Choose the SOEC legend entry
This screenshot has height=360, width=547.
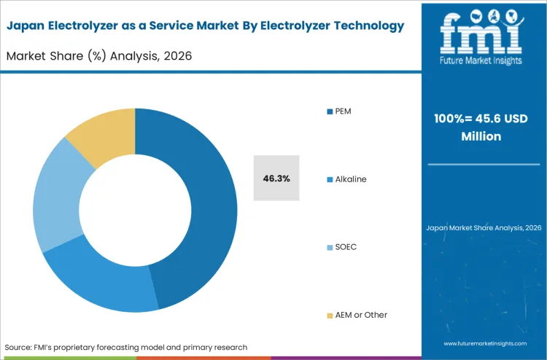[346, 247]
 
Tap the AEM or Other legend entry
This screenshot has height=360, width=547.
[360, 315]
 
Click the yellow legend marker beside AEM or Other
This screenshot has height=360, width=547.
[330, 316]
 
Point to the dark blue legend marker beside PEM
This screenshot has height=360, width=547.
[330, 111]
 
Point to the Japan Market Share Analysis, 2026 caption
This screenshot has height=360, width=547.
[483, 228]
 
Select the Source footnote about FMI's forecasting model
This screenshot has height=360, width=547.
[126, 347]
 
